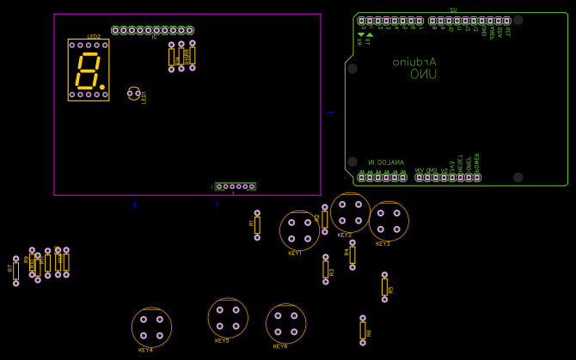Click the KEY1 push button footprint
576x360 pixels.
[x=299, y=230]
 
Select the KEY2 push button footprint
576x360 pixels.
[x=350, y=212]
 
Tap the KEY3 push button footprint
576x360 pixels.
[x=389, y=221]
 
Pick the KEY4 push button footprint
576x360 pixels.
[x=151, y=327]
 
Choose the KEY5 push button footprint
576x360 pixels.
[x=228, y=318]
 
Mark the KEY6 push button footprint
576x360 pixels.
[x=285, y=323]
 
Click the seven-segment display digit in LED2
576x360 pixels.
[x=89, y=70]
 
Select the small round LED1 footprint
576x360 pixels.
[x=133, y=93]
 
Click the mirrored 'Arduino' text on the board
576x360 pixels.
[x=414, y=62]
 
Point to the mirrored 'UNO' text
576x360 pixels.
[x=423, y=75]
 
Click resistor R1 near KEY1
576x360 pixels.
[x=257, y=225]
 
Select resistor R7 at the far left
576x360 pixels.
[x=15, y=270]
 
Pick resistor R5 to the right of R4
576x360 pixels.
[x=384, y=287]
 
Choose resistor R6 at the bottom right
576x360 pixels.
[x=363, y=330]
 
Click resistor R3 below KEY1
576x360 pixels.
[x=326, y=269]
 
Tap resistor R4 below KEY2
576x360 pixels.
[x=352, y=254]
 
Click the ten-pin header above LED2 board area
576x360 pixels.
[x=152, y=30]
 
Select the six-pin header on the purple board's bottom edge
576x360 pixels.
[x=235, y=186]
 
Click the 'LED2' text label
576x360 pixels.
[x=94, y=37]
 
